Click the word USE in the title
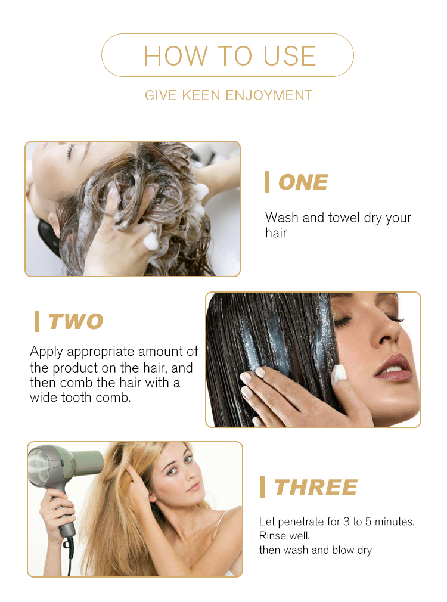coord(290,55)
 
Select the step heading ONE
coord(303,182)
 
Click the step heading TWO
coord(76,321)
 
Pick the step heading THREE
coord(316,487)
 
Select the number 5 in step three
coord(368,522)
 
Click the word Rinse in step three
coord(271,536)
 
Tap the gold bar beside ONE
coord(267,182)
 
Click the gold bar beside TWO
coord(36,321)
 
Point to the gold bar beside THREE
coord(262,487)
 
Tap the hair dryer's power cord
coord(70,557)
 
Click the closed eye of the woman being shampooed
coord(70,151)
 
